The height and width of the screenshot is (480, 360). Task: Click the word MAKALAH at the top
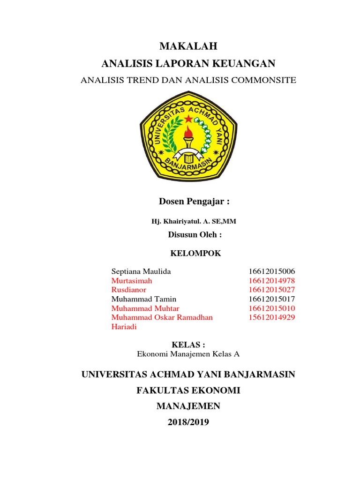pos(188,46)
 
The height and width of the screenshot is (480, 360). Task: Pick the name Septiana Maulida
pos(135,271)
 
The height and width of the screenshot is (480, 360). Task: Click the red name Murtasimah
pos(132,281)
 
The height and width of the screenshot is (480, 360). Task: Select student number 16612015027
pos(272,290)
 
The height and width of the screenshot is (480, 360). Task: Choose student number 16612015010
pos(272,308)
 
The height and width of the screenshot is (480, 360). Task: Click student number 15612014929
pos(272,317)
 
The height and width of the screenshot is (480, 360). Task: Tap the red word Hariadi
pos(124,326)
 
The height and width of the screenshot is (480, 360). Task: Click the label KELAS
pos(188,345)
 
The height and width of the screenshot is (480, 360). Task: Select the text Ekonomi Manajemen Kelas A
pos(188,354)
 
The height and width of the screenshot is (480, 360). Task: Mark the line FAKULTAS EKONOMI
pos(188,390)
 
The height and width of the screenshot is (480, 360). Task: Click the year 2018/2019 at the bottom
pos(188,422)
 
